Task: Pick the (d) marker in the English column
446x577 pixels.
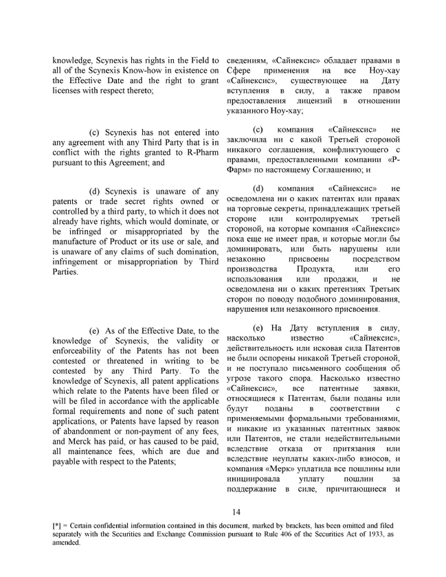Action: point(98,190)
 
